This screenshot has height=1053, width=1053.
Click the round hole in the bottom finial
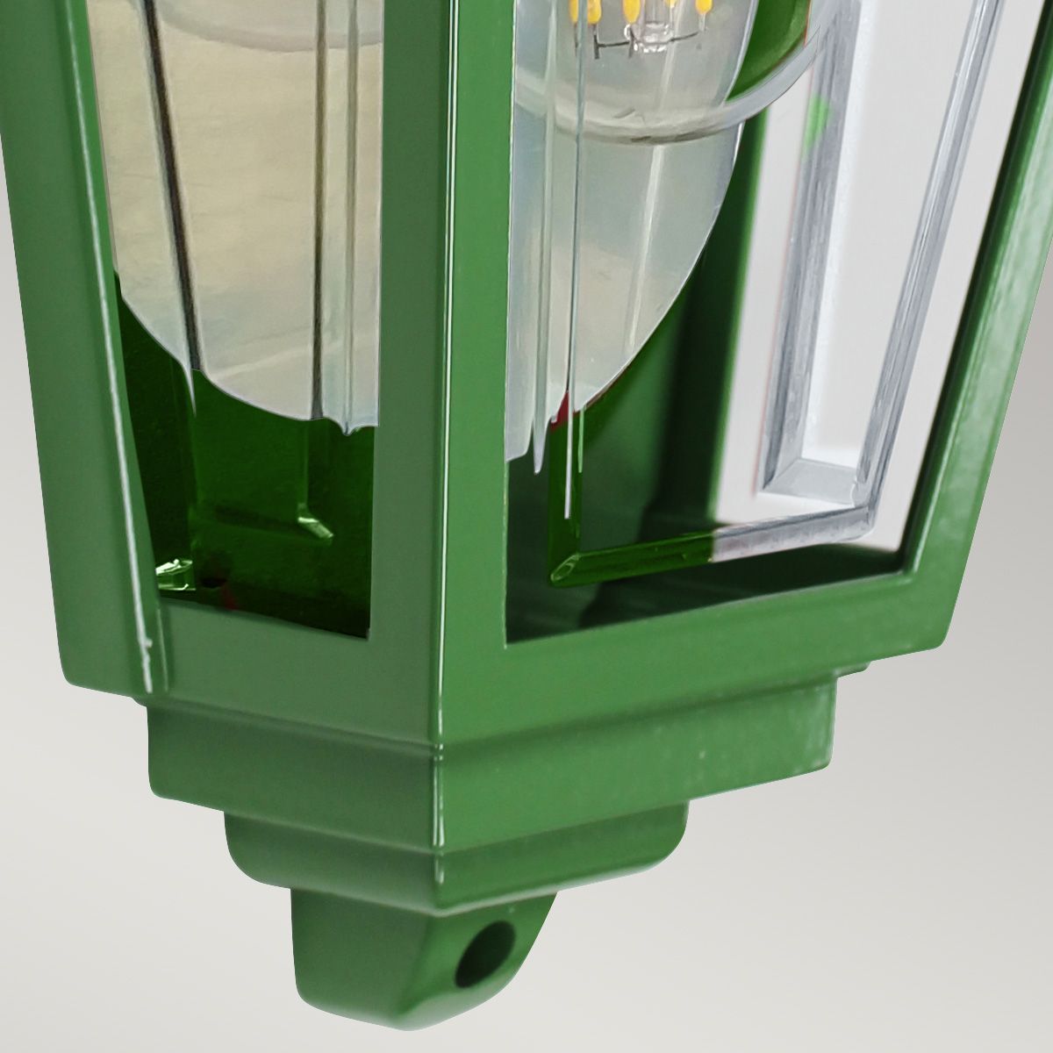(x=474, y=947)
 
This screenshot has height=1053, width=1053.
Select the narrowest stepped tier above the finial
(x=456, y=842)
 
